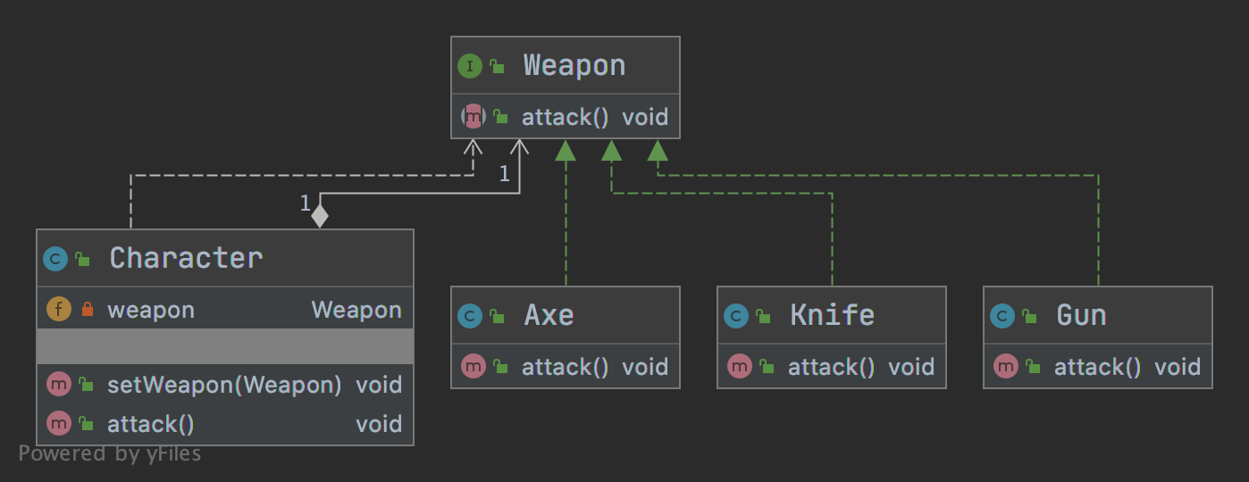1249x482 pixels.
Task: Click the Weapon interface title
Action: (x=574, y=65)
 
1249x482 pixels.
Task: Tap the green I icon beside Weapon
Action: (x=469, y=65)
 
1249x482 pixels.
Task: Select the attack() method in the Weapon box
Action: (x=565, y=117)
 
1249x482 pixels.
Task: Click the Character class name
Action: (x=186, y=258)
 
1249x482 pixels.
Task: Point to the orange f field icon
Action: (x=58, y=310)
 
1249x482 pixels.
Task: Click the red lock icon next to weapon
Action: (x=87, y=311)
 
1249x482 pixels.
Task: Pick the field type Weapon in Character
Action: (x=356, y=310)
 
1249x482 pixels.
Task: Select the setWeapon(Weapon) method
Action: (x=224, y=385)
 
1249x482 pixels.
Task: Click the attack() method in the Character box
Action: (x=151, y=424)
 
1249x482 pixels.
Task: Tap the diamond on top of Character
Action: (x=319, y=216)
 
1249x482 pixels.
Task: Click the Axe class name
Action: (x=549, y=315)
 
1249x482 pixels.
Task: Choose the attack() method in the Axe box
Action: (x=565, y=367)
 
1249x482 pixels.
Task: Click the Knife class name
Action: (x=832, y=315)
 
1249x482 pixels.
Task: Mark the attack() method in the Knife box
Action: (x=831, y=367)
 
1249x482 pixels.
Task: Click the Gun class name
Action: (x=1081, y=315)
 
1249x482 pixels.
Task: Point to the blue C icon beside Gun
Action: (x=1002, y=315)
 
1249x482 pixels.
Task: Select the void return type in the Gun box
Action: (x=1178, y=367)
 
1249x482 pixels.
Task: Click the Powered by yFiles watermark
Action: (x=110, y=453)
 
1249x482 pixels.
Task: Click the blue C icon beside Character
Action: (x=55, y=259)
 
